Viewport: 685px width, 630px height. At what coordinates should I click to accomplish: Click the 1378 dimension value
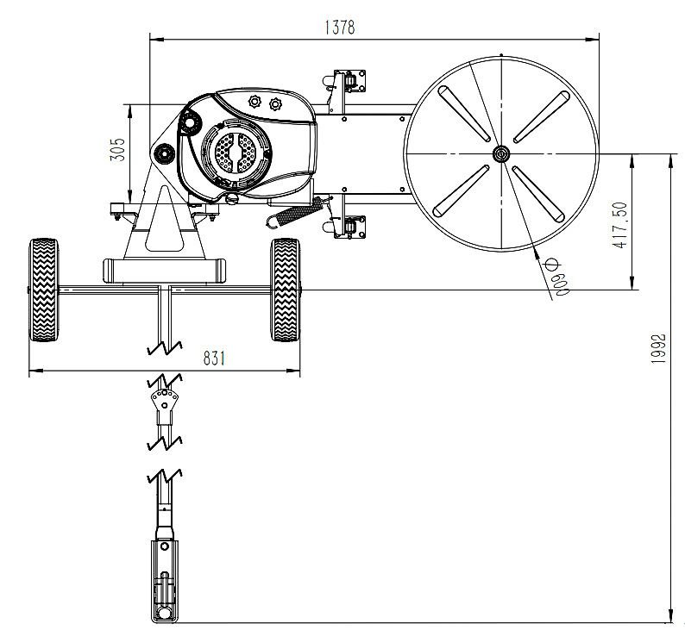click(340, 27)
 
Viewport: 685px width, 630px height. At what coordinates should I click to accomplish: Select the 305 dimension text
click(117, 150)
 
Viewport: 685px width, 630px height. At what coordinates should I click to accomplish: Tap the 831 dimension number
click(214, 359)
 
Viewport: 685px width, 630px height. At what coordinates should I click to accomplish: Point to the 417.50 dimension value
click(620, 225)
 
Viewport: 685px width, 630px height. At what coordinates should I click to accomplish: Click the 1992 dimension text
click(658, 348)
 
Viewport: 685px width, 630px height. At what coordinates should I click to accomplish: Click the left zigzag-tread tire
click(43, 290)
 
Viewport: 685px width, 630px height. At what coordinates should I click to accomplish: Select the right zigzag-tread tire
click(286, 290)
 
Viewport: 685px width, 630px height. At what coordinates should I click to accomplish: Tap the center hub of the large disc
click(501, 153)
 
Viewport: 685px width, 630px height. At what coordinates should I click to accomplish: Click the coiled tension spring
click(295, 212)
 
